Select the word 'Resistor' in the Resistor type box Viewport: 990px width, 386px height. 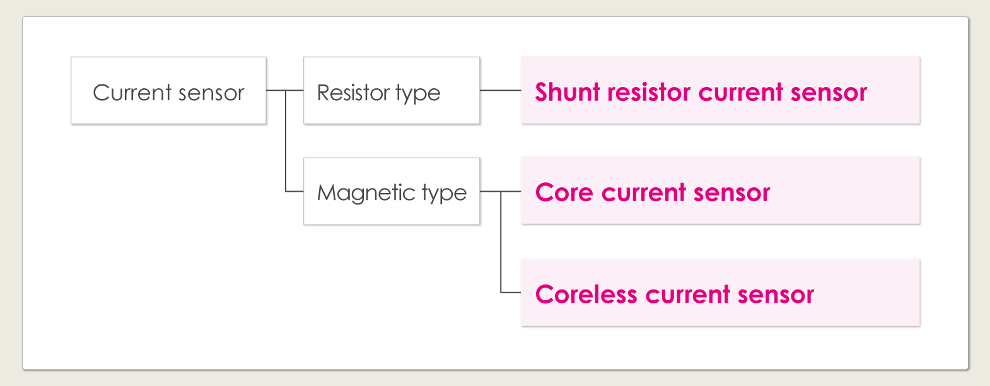[x=353, y=93]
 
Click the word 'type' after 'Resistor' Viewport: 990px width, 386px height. [x=417, y=94]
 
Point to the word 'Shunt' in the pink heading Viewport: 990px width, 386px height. [x=568, y=92]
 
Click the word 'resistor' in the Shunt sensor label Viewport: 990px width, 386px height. [x=649, y=92]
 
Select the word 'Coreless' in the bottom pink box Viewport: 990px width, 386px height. [x=586, y=295]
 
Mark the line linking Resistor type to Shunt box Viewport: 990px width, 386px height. [x=500, y=90]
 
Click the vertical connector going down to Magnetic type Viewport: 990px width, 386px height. [x=286, y=142]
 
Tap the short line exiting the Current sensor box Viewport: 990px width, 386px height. [x=276, y=90]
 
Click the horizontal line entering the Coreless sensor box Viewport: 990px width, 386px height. [x=511, y=293]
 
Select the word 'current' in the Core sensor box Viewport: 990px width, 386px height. [x=644, y=192]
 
